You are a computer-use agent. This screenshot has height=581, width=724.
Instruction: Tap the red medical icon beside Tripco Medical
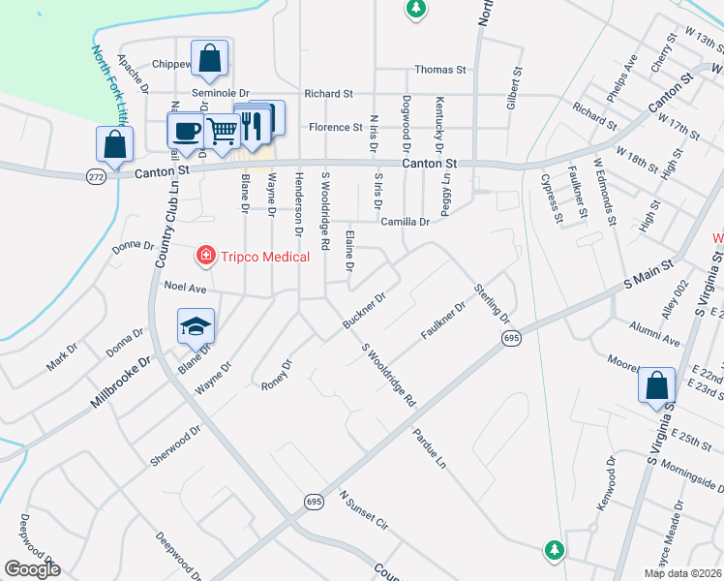pos(205,256)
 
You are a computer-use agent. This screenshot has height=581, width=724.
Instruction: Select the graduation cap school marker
pos(196,326)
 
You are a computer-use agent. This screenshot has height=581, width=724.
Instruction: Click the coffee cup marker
pos(185,130)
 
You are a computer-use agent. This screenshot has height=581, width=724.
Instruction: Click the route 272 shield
pos(95,177)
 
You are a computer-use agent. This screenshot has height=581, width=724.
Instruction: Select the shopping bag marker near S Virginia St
pos(656,385)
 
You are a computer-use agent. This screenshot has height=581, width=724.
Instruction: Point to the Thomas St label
pos(440,70)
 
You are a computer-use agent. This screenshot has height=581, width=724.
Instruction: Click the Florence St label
pos(335,128)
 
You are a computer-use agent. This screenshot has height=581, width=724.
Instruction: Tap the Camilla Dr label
pos(405,222)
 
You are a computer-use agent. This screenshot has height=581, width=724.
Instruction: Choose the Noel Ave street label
pos(186,288)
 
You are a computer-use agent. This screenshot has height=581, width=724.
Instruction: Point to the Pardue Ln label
pos(430,449)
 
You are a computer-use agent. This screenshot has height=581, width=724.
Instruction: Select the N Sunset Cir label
pos(363,510)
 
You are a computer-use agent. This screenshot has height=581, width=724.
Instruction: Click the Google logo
pos(32,569)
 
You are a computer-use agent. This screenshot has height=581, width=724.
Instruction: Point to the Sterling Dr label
pos(492,303)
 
